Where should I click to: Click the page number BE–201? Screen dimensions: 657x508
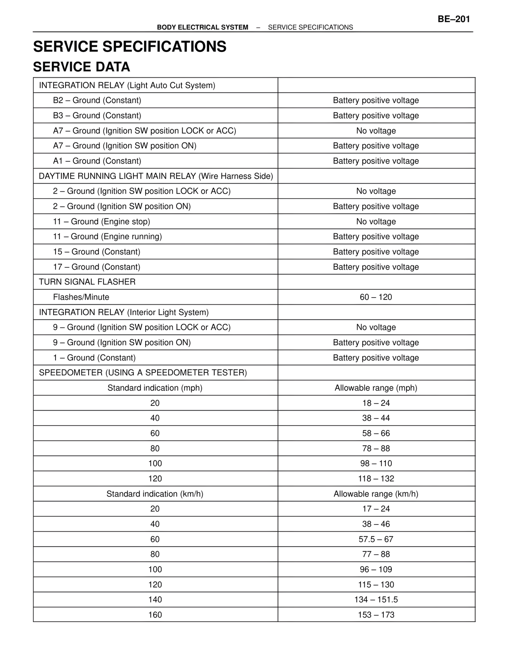point(454,19)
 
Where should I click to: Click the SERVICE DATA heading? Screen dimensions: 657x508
point(81,67)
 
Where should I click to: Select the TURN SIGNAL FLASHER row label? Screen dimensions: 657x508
point(87,282)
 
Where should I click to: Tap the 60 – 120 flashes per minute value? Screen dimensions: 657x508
point(376,297)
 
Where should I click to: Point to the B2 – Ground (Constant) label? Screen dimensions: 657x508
point(97,100)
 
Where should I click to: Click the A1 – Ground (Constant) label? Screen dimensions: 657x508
point(97,161)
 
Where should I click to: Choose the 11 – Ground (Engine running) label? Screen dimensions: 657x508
point(107,236)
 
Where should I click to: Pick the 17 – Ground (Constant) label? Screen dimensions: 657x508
point(96,267)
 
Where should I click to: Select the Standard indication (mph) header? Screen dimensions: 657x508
point(155,388)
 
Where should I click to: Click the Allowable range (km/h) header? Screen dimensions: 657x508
point(376,494)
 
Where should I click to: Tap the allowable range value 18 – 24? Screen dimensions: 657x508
point(376,403)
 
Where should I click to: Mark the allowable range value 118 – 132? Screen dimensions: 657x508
point(376,479)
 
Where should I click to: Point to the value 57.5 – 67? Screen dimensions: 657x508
point(376,539)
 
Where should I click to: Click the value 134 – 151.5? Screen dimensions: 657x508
point(376,600)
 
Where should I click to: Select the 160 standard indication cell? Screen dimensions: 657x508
point(155,615)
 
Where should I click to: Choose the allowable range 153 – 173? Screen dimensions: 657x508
point(376,615)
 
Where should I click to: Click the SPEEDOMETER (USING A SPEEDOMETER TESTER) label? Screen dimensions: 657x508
point(142,373)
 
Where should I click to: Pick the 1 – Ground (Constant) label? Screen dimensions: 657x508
point(94,358)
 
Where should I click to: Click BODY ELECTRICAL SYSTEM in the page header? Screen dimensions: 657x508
point(202,27)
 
